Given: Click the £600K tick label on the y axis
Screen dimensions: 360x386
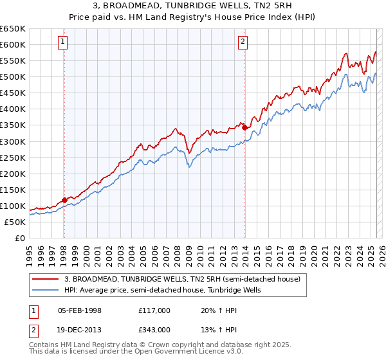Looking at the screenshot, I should (13, 44).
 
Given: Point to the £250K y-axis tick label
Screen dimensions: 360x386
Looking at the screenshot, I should (13, 157).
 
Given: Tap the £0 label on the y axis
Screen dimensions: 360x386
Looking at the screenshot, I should (19, 238).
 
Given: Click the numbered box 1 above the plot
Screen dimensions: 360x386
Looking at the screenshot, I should (64, 42).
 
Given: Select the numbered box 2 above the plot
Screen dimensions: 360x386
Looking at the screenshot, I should (243, 42).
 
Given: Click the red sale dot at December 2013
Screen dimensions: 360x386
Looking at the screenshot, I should (244, 127).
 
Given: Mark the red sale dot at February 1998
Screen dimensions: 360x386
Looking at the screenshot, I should (64, 200).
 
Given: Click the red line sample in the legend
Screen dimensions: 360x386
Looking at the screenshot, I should (46, 279).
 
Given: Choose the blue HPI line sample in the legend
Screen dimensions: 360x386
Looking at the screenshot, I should (46, 290).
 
